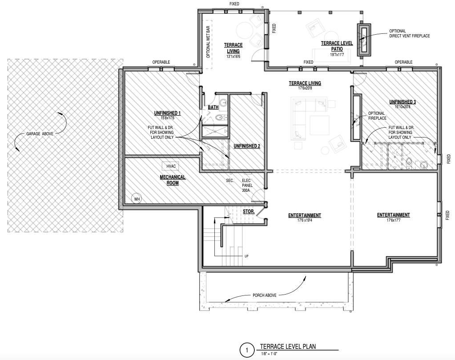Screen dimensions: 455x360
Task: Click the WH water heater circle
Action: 137,199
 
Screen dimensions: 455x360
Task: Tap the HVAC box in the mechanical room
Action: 171,166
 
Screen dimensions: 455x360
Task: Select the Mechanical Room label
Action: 173,180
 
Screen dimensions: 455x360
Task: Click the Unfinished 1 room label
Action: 167,113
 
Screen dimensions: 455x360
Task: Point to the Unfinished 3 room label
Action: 403,102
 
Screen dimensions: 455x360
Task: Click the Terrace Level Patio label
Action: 337,46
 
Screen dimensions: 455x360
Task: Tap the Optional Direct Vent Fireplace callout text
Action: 409,33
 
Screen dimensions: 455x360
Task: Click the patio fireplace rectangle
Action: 364,40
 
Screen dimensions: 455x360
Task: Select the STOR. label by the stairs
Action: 249,212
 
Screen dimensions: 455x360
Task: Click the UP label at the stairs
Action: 246,256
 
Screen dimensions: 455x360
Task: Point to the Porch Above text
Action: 264,295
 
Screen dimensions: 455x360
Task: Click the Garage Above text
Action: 40,134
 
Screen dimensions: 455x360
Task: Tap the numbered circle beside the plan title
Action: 247,350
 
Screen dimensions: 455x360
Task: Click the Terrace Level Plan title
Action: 288,346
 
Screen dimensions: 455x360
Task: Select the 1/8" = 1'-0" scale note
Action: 269,354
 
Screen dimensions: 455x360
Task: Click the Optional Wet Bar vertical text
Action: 208,42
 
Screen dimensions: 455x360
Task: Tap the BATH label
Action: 213,107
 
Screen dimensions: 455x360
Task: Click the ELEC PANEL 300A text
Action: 247,186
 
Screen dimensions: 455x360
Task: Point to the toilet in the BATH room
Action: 220,117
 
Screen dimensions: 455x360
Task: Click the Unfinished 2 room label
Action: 247,146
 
